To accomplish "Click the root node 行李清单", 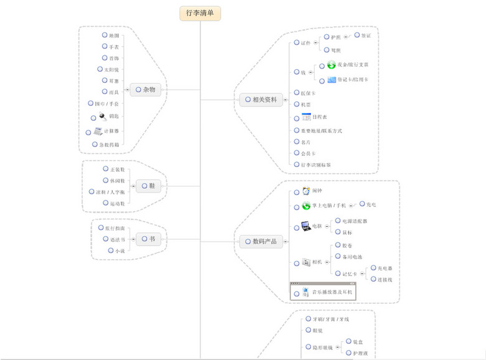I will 200,13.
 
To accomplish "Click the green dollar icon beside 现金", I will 331,65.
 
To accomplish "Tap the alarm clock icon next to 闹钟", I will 306,191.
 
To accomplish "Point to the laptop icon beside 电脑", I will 306,226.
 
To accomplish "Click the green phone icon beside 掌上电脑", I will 306,206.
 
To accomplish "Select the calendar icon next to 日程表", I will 306,117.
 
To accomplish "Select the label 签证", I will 366,36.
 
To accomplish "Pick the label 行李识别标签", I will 316,165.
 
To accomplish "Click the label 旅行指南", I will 115,229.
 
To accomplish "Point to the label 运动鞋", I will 118,203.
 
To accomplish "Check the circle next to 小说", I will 110,251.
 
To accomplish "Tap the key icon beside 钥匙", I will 102,116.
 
